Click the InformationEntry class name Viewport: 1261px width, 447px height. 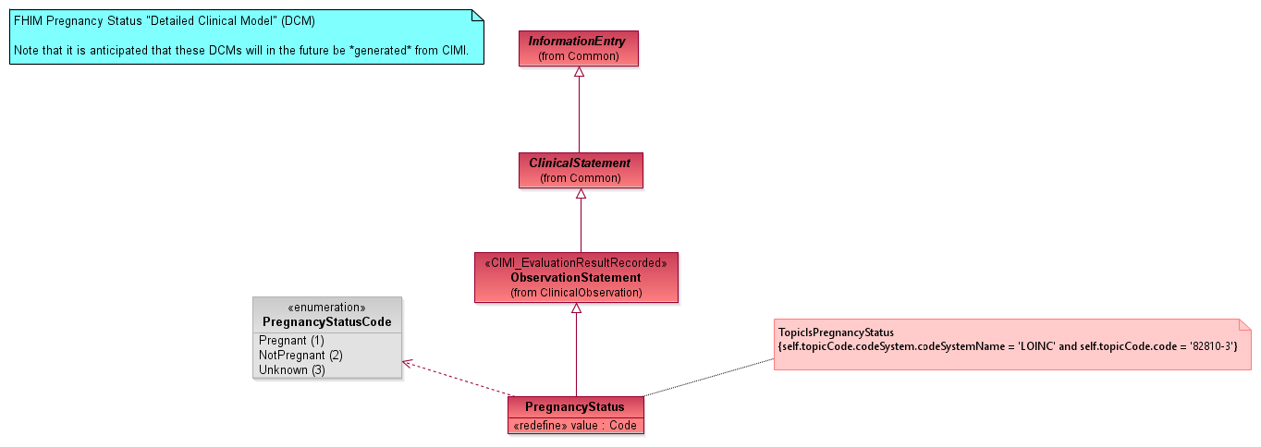click(x=577, y=42)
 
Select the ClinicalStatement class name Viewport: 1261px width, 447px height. click(x=580, y=163)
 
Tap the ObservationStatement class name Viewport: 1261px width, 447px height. click(x=575, y=277)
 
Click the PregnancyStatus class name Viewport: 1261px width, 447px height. click(x=575, y=407)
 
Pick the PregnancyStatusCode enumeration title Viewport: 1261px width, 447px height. click(x=327, y=322)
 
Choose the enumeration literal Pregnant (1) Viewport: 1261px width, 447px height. click(x=291, y=341)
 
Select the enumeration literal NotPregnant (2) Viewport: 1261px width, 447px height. click(x=300, y=356)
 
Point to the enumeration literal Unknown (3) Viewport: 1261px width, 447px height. click(x=291, y=370)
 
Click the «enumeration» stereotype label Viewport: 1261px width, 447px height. click(x=327, y=308)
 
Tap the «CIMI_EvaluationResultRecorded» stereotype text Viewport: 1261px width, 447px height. click(x=575, y=263)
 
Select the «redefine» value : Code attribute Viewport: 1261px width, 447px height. click(x=575, y=426)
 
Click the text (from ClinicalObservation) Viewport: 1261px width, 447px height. click(x=575, y=293)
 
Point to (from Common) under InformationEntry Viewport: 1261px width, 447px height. click(x=578, y=56)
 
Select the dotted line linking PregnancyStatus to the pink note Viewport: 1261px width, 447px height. click(x=708, y=378)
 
